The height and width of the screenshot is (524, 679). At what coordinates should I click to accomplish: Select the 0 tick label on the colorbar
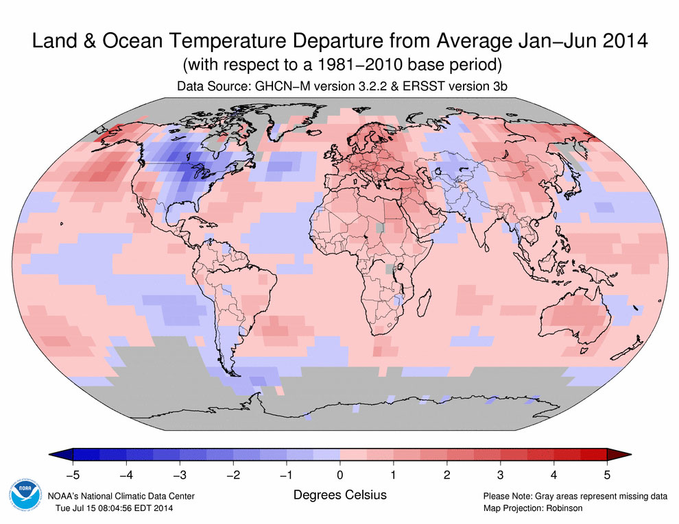click(x=339, y=473)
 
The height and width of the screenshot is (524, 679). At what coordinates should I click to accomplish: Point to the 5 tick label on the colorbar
click(x=607, y=473)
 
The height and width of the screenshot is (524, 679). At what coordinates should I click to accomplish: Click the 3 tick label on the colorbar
click(x=500, y=473)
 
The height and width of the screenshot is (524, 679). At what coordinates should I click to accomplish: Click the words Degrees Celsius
click(x=339, y=495)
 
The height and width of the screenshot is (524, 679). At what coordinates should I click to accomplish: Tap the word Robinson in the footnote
click(x=561, y=508)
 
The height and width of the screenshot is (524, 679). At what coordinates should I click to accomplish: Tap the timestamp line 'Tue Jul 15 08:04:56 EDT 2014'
click(x=114, y=508)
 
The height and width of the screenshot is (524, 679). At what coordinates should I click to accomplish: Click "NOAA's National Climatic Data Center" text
click(x=121, y=496)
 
